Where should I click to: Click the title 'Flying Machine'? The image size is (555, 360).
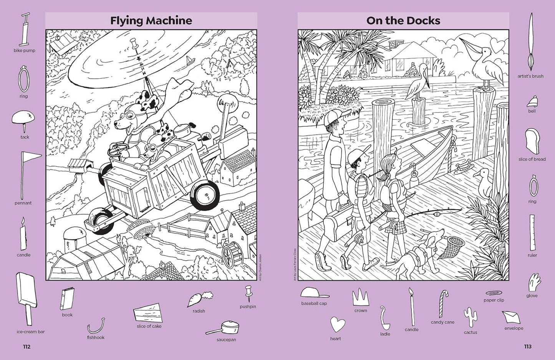click(x=151, y=20)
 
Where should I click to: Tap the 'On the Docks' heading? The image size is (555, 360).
click(x=403, y=20)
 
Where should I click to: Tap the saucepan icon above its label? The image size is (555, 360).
click(x=224, y=328)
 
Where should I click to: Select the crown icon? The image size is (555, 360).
click(x=360, y=297)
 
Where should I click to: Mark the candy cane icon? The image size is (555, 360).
click(x=443, y=304)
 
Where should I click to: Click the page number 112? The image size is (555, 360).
click(x=27, y=347)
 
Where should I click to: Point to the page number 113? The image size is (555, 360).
click(x=528, y=347)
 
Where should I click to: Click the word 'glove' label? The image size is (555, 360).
click(x=532, y=296)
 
